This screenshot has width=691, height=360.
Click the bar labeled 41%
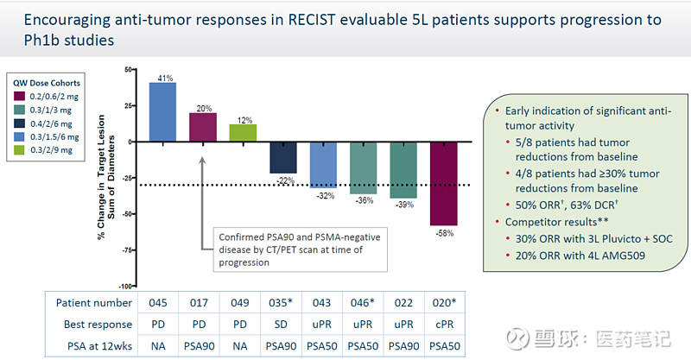click(162, 111)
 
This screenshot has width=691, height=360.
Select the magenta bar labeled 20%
click(202, 127)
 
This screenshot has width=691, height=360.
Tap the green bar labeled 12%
click(243, 132)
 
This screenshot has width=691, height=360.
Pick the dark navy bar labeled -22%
click(283, 156)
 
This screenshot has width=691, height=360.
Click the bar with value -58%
click(444, 183)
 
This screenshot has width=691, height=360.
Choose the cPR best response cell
click(444, 324)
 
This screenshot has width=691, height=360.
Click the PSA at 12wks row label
click(89, 345)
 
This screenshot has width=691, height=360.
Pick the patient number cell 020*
click(444, 303)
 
